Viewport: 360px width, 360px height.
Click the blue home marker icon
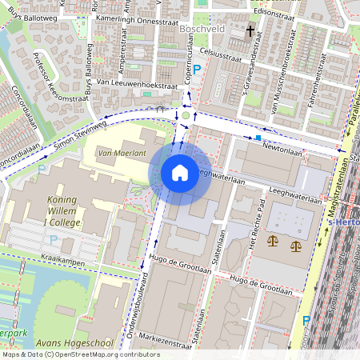(x=180, y=172)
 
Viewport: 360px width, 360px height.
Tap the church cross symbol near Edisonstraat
(x=250, y=31)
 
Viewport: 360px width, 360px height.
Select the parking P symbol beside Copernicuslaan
(x=196, y=70)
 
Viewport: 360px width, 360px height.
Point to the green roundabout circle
(x=186, y=115)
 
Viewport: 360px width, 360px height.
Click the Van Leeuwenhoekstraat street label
(x=124, y=83)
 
